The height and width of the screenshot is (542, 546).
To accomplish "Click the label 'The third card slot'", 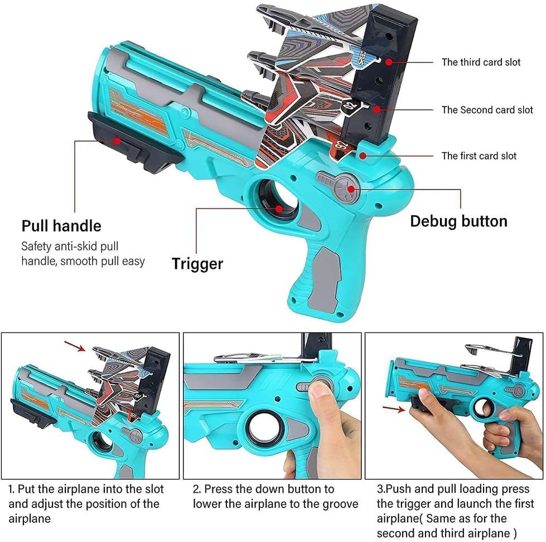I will pos(481,62).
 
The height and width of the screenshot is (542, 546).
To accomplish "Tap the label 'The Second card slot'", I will pos(487,110).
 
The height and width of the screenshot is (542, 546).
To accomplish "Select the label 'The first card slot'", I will pos(479,156).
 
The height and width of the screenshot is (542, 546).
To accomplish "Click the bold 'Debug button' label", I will pos(458,221).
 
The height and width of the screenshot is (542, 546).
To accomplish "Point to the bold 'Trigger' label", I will pos(197,263).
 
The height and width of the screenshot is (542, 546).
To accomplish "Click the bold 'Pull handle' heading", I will pos(61,226).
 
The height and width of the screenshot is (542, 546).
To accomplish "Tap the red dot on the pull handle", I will pos(117,142).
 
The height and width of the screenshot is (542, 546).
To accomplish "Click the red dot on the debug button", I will pos(351,189).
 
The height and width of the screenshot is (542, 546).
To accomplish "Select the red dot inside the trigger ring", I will pos(279,209).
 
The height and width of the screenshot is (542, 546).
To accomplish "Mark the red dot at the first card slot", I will pos(363,155).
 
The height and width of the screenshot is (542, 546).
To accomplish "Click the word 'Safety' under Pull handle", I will pos(37,246).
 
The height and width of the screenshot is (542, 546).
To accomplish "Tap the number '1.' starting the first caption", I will pos(12,490).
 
